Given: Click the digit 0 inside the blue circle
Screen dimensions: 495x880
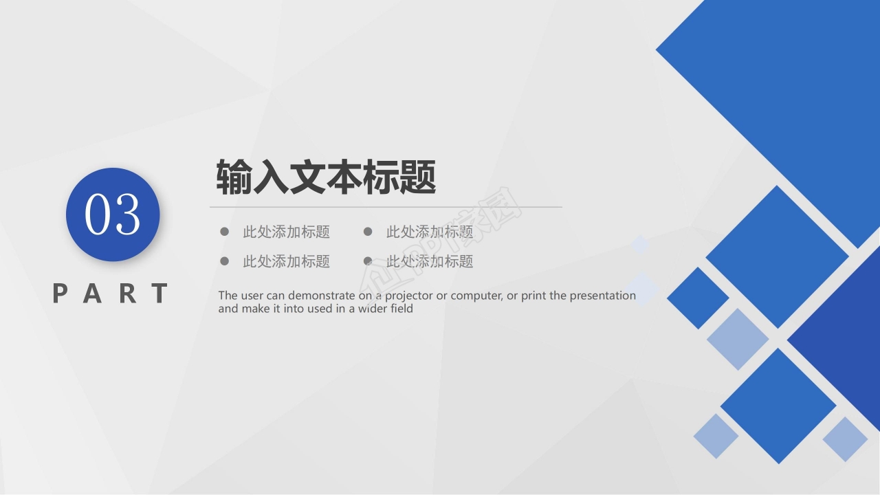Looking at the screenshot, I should (98, 214).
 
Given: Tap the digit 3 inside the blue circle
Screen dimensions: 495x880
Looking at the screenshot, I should (127, 214).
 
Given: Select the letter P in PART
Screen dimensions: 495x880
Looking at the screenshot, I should (60, 294).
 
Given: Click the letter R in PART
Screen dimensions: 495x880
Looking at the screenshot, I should (128, 294).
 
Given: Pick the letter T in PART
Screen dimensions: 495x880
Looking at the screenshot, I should (160, 294).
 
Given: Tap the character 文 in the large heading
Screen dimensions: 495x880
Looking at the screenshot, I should (307, 177).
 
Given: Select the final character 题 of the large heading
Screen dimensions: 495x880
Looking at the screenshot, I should (418, 177).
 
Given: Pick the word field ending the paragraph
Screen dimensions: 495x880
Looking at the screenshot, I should (402, 309).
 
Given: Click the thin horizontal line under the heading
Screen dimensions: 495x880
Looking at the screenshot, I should (386, 206).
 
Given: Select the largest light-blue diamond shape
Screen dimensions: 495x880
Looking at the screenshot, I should (738, 339).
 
